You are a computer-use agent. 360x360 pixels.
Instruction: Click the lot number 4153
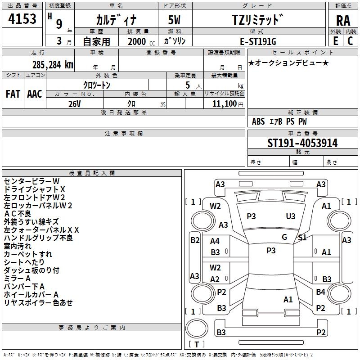tap(22, 20)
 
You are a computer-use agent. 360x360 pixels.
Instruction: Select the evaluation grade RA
tap(343, 20)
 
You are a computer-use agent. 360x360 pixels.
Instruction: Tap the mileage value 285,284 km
tap(52, 65)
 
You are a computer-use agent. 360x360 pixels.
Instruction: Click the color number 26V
tap(75, 103)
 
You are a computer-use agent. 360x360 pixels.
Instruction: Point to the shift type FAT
tap(13, 94)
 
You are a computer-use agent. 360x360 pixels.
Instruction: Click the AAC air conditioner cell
tap(35, 94)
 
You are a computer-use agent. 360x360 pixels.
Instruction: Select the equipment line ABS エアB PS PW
tap(279, 121)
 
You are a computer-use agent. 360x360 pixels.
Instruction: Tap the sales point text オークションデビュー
tap(288, 63)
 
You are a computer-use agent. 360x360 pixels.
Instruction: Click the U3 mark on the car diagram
tap(291, 216)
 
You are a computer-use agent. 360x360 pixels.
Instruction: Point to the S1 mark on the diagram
tap(302, 238)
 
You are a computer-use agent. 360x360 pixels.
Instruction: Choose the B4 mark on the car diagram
tap(320, 292)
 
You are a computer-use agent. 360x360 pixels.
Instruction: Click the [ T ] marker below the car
tap(197, 345)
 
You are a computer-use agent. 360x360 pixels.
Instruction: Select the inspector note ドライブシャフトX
tap(35, 189)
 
